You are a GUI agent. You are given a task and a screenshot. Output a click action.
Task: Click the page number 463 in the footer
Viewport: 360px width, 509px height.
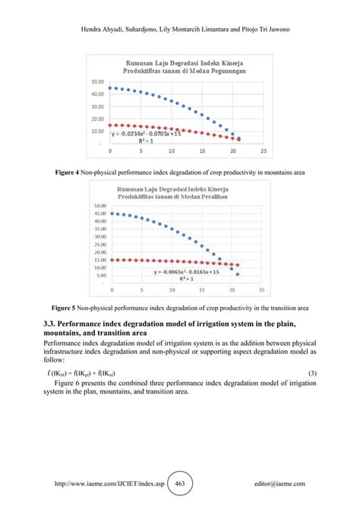tap(180, 483)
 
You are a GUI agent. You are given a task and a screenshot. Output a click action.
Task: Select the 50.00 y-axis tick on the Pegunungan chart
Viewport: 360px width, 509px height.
tap(97, 81)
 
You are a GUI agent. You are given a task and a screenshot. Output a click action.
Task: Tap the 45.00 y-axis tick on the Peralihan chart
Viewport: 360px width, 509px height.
tap(99, 213)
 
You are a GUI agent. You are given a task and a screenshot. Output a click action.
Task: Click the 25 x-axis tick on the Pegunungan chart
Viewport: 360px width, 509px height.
tap(263, 150)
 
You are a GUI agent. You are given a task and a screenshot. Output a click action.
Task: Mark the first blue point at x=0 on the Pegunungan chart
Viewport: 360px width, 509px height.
tap(111, 87)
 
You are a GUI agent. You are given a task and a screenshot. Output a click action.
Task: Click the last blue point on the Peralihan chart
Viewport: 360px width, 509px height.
tap(238, 274)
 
